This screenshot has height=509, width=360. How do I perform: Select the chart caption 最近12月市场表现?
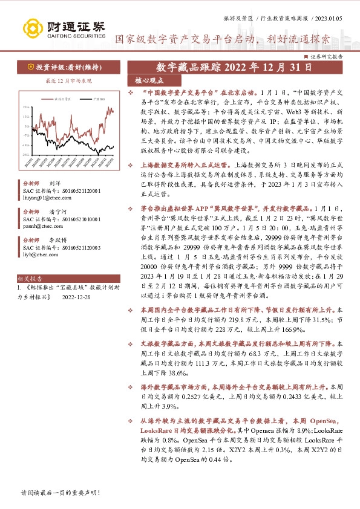click(59, 80)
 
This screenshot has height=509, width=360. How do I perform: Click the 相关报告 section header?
click(28, 279)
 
